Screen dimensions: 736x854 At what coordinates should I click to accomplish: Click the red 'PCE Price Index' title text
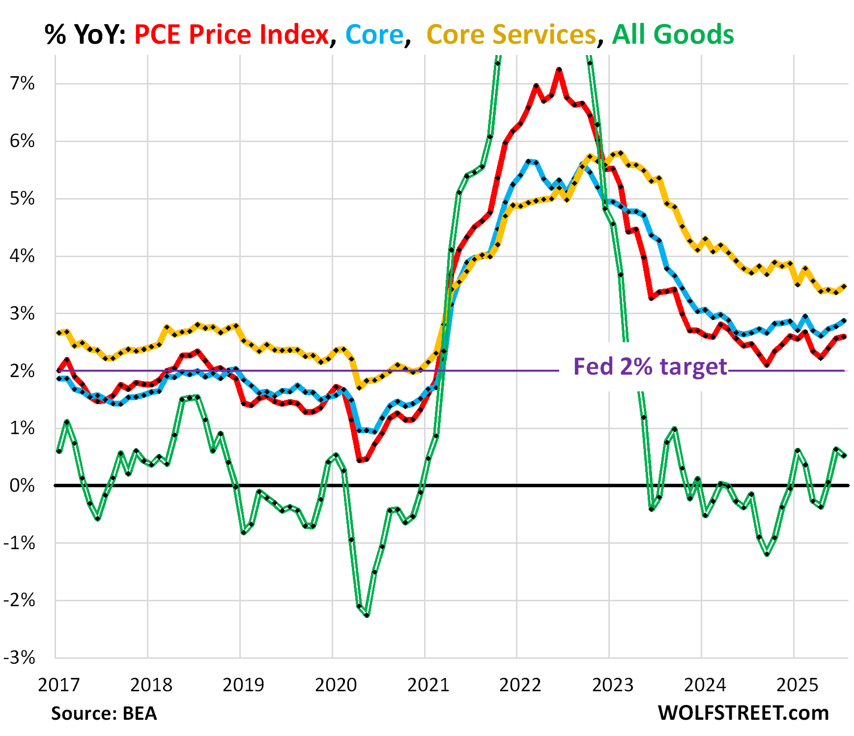click(x=231, y=34)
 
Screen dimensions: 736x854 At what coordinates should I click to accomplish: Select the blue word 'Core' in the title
click(x=374, y=34)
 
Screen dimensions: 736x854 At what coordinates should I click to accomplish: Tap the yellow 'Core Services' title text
click(x=511, y=34)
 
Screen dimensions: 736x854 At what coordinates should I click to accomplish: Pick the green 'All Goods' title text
click(x=673, y=34)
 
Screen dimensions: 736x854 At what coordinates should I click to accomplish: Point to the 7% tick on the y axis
click(x=22, y=84)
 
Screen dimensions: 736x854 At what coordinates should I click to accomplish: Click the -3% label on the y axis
click(x=20, y=658)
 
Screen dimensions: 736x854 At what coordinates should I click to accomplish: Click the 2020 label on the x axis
click(x=336, y=684)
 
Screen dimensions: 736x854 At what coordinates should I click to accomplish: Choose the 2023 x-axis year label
click(x=613, y=684)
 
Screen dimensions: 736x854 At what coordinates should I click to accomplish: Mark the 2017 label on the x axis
click(x=59, y=684)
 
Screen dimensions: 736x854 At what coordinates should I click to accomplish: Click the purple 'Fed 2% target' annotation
click(x=650, y=367)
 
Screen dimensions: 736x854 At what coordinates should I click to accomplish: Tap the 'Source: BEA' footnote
click(x=104, y=713)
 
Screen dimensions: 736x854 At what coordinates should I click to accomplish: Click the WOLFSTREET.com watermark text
click(x=743, y=712)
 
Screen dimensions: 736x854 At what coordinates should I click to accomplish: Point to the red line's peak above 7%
click(x=559, y=69)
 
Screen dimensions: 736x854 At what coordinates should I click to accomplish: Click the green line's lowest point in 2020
click(x=367, y=615)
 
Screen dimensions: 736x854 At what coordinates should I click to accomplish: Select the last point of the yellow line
click(x=844, y=286)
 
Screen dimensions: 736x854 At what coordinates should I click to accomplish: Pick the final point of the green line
click(x=844, y=455)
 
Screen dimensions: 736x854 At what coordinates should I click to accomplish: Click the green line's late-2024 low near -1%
click(x=767, y=554)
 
